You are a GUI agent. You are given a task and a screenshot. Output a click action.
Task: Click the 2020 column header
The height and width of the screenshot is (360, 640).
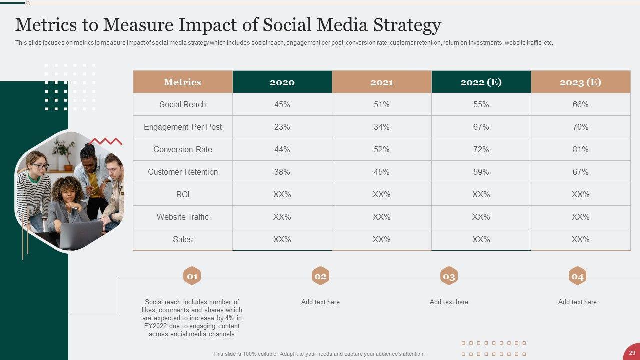coord(282,82)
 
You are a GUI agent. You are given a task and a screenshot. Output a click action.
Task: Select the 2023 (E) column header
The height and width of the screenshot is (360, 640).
coord(580,82)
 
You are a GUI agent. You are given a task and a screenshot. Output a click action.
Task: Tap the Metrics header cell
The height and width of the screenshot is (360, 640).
coord(182,82)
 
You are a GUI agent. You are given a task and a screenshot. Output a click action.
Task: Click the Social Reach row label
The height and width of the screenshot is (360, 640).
coord(182,105)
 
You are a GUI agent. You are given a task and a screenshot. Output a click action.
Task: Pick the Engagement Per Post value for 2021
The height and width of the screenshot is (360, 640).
coord(381,127)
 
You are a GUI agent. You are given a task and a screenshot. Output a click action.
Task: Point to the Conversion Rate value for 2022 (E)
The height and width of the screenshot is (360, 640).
coord(481,150)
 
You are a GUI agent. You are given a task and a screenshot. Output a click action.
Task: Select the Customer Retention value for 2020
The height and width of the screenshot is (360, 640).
coord(282,172)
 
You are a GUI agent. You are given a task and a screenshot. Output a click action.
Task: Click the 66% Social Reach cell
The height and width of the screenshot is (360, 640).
coord(580,105)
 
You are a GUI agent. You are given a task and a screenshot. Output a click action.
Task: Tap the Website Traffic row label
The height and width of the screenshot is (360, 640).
coord(182,217)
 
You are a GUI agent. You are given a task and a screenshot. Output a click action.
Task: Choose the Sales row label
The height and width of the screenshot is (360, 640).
coord(182,240)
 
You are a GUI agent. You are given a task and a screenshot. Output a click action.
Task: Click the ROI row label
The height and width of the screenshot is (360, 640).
coord(182,195)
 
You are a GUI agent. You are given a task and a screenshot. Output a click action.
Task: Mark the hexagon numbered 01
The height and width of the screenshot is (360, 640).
coord(192,276)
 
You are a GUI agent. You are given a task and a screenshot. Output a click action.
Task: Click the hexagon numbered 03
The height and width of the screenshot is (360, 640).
coord(449,276)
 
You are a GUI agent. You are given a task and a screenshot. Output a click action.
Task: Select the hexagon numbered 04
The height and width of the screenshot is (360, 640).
coord(577,276)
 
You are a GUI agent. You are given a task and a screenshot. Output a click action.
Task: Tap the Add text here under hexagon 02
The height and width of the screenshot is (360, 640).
coord(320,302)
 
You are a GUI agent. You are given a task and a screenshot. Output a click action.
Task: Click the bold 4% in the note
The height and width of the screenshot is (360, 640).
coord(229,318)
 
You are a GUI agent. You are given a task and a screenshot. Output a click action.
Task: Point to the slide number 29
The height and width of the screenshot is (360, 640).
coord(632,353)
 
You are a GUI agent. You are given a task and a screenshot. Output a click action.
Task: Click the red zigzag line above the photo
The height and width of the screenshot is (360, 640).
coord(105,141)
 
